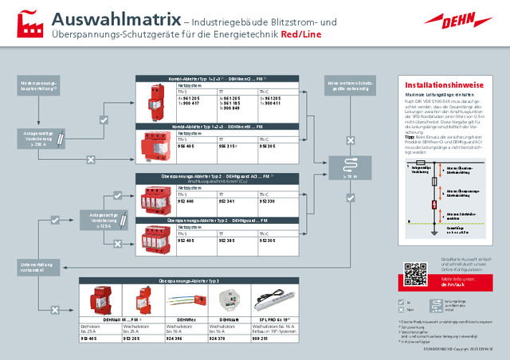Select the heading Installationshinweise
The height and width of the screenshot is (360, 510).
[x=444, y=83]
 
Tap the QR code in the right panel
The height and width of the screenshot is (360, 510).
[x=415, y=273]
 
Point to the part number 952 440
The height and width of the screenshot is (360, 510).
[x=186, y=202]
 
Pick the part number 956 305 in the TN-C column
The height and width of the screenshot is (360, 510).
[x=268, y=146]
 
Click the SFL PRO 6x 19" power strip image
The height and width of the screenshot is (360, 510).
[x=275, y=301]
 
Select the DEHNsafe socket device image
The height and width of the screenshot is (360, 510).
[x=230, y=301]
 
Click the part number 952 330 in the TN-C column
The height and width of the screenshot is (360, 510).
[x=268, y=202]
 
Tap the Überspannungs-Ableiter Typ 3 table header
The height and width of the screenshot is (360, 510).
[x=189, y=281]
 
